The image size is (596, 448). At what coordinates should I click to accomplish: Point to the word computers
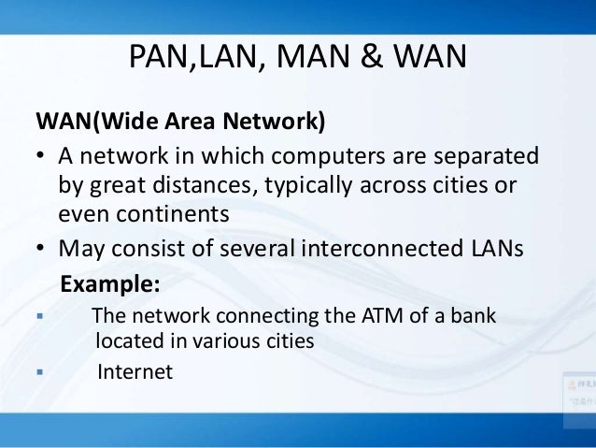click(x=346, y=153)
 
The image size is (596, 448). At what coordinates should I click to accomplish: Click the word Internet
click(x=135, y=371)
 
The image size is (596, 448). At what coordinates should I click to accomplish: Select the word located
click(x=129, y=341)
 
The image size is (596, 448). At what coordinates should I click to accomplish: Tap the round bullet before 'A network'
click(x=41, y=154)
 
